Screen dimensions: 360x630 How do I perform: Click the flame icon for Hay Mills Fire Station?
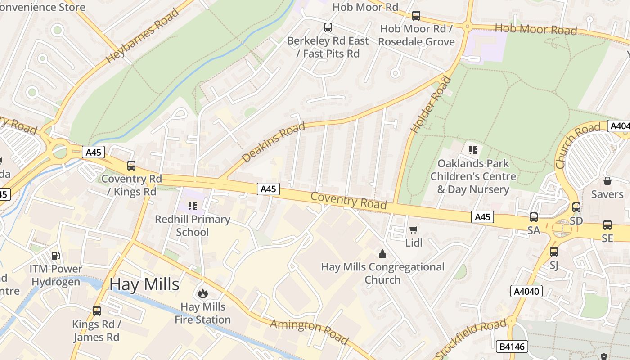[x=203, y=294]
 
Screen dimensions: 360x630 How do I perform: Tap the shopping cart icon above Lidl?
[x=414, y=229]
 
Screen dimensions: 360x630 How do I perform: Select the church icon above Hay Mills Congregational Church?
[x=382, y=254]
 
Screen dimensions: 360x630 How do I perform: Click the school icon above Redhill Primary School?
[x=193, y=206]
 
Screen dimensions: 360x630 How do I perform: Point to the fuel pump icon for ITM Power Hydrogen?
[x=56, y=256]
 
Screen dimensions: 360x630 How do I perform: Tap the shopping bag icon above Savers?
[x=607, y=181]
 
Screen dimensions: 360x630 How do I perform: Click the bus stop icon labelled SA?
[x=534, y=217]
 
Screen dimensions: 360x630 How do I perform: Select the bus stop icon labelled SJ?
[x=554, y=252]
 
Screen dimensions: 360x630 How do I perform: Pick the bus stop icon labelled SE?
[x=607, y=225]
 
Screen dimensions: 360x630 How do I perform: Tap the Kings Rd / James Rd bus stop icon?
[x=97, y=311]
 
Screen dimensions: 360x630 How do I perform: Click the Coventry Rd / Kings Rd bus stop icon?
[x=131, y=166]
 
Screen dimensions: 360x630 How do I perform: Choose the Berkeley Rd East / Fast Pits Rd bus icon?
[x=328, y=27]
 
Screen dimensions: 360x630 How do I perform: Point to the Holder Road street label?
[x=431, y=105]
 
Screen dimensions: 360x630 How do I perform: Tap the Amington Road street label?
[x=309, y=331]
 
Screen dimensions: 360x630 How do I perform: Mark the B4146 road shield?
[x=512, y=346]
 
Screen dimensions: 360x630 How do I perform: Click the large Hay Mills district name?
[x=144, y=284]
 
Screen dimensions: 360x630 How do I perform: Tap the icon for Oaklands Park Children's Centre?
[x=472, y=150]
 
